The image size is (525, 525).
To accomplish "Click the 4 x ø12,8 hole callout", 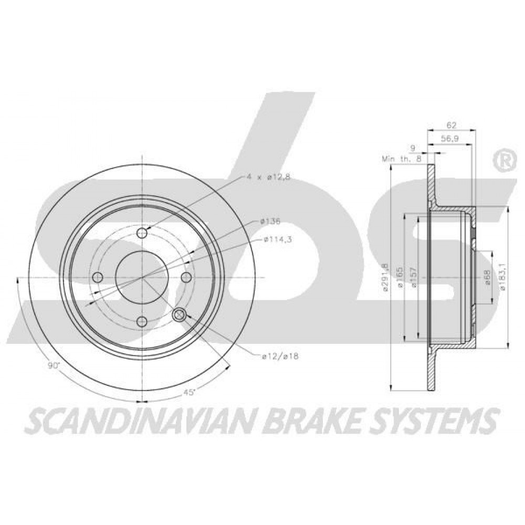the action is point(268,177).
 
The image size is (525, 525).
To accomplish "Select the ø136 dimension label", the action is point(270,221).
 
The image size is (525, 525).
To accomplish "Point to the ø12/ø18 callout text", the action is point(280,356).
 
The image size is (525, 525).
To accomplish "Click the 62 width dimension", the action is point(451,125).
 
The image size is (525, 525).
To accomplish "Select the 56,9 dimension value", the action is point(450,139).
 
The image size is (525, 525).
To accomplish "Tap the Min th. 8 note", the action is point(402,159).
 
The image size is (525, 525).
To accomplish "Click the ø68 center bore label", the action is point(488,278).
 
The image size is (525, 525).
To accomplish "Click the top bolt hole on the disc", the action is point(143,233).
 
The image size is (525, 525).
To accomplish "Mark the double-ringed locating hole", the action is point(179,314).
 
